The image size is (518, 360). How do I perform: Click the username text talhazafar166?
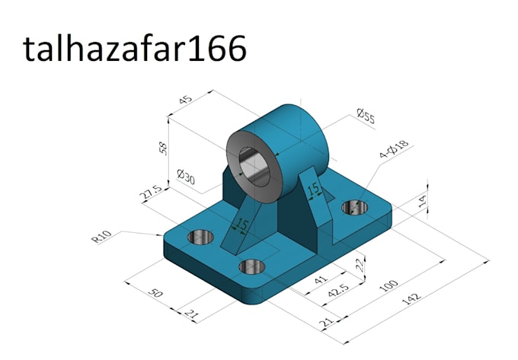click(x=135, y=49)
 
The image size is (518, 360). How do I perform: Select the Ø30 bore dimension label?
click(x=186, y=177)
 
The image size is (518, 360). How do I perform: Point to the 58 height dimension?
click(x=163, y=147)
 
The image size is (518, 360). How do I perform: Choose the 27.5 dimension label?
click(x=150, y=193)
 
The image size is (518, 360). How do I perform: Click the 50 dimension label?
click(x=155, y=293)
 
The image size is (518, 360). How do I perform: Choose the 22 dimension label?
click(x=357, y=263)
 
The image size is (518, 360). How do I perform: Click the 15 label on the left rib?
click(x=241, y=225)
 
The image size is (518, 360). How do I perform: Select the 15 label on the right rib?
click(x=312, y=189)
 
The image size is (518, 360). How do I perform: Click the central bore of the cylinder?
click(x=254, y=165)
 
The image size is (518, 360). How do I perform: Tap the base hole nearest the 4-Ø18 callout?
click(x=354, y=207)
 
